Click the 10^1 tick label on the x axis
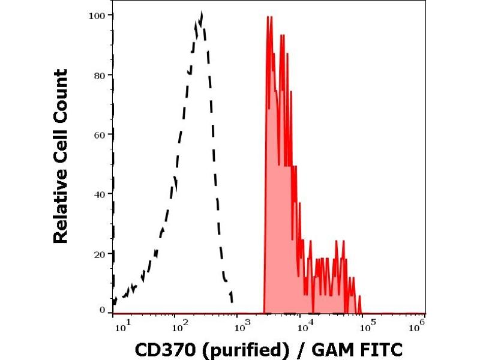120,325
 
